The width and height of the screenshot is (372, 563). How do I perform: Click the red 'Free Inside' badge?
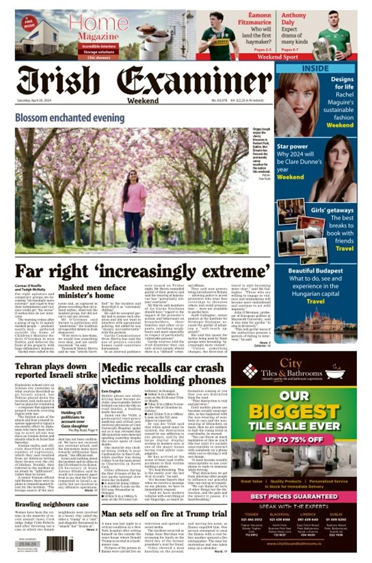(29, 22)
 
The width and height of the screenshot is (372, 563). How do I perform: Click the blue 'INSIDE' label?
(315, 68)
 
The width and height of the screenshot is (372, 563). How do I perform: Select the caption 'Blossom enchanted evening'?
(70, 118)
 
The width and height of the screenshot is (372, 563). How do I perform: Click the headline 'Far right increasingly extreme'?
(143, 270)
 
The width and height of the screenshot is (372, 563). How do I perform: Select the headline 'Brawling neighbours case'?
(52, 504)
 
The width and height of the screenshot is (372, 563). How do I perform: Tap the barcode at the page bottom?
(60, 543)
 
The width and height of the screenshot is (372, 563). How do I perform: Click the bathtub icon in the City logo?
(334, 373)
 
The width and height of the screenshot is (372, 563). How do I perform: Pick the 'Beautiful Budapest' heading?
(316, 271)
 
